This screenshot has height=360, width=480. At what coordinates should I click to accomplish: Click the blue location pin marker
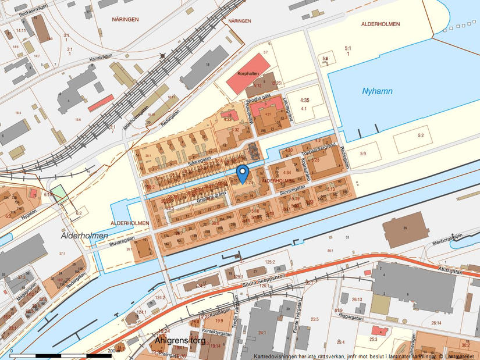(x=243, y=173)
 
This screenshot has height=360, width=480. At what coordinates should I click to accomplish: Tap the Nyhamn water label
(x=377, y=91)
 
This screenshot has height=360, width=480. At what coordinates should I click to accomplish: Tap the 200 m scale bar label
(x=113, y=351)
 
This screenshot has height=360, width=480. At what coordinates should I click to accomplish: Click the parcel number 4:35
(x=304, y=101)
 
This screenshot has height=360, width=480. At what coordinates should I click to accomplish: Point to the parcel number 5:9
(x=362, y=154)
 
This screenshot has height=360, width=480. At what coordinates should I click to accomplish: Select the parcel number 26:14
(x=436, y=323)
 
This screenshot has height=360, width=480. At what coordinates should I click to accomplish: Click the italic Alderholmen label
(x=84, y=236)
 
